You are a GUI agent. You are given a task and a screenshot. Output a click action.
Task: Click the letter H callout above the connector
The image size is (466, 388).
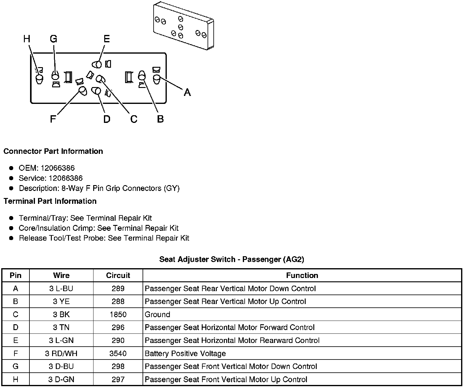coord(27,39)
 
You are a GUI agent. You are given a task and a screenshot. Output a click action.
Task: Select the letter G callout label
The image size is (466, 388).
coord(53,39)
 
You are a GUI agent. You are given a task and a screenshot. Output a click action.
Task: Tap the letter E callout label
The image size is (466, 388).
coord(106,39)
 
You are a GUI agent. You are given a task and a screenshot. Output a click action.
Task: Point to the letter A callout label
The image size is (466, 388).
coord(187,92)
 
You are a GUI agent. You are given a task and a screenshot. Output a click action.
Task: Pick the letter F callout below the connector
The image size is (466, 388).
coord(53,119)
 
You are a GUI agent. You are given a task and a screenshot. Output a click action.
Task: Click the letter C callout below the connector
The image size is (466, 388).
coord(134,119)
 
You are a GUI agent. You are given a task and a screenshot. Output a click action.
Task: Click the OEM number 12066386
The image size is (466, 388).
coord(58,168)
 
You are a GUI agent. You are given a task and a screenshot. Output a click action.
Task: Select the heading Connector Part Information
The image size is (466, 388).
coord(53,151)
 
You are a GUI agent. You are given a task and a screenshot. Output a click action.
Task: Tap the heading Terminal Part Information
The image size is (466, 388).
coord(50,201)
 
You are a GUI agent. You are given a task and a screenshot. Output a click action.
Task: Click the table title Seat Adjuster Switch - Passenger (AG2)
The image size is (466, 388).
coord(231,260)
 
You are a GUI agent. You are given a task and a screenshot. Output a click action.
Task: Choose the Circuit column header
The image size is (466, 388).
coord(118,276)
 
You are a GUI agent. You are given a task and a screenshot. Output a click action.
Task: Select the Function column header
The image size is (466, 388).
coord(302,276)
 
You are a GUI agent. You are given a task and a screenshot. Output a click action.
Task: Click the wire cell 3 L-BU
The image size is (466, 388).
coord(61,289)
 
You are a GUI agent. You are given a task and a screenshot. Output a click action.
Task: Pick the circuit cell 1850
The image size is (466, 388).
coord(118,315)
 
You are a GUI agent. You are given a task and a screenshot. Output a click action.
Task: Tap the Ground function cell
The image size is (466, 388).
coord(157,315)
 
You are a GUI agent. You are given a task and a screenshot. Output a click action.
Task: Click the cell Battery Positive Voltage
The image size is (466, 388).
coord(185,354)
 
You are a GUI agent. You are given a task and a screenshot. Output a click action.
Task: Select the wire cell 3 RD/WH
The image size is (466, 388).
coord(61,354)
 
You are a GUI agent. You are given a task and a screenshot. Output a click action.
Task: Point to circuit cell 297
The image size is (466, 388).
coord(118,380)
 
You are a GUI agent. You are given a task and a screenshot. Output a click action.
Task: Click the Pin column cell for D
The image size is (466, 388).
coord(16,328)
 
